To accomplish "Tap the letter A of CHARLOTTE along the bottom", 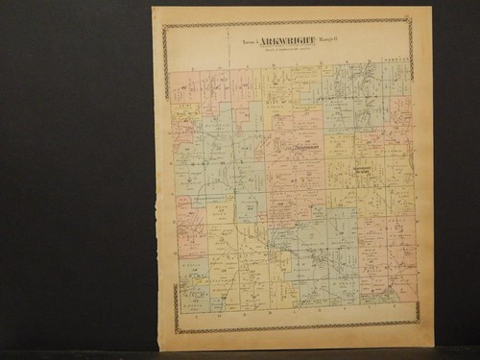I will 243,312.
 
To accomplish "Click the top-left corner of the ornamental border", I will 164,26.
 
